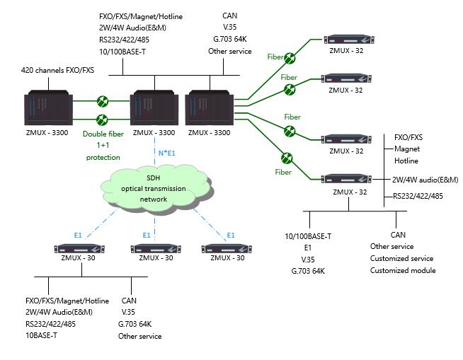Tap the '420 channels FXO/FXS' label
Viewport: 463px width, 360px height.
pos(58,71)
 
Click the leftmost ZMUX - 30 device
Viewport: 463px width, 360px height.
pos(78,248)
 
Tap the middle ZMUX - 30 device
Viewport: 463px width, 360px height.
pos(154,248)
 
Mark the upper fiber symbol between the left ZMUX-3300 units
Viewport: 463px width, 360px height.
pos(103,101)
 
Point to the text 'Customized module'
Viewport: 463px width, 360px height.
pos(403,270)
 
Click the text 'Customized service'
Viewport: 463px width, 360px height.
pos(401,258)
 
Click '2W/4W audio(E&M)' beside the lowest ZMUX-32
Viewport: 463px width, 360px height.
pos(425,180)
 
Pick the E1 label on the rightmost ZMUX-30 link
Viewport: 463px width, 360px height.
pos(230,235)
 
